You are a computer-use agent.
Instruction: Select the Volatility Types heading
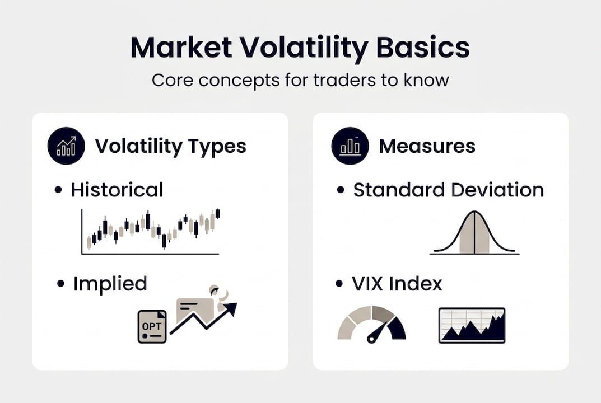(x=170, y=146)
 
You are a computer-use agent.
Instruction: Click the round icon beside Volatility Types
(x=66, y=146)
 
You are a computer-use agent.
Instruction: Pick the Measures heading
(x=427, y=146)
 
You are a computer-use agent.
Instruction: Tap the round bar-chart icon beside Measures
(x=350, y=146)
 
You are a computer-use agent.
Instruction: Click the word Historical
(x=117, y=190)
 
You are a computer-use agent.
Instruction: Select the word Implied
(x=110, y=283)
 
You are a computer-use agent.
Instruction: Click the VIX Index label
(x=397, y=283)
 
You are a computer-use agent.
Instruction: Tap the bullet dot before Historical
(x=58, y=190)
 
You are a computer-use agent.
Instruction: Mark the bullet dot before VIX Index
(x=339, y=284)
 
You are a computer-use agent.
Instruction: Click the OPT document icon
(x=152, y=326)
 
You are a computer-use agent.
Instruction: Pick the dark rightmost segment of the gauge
(x=397, y=329)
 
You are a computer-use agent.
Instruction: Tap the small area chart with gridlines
(x=472, y=325)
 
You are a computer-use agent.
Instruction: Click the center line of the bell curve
(x=474, y=233)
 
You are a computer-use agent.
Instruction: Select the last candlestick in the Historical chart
(x=217, y=213)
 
